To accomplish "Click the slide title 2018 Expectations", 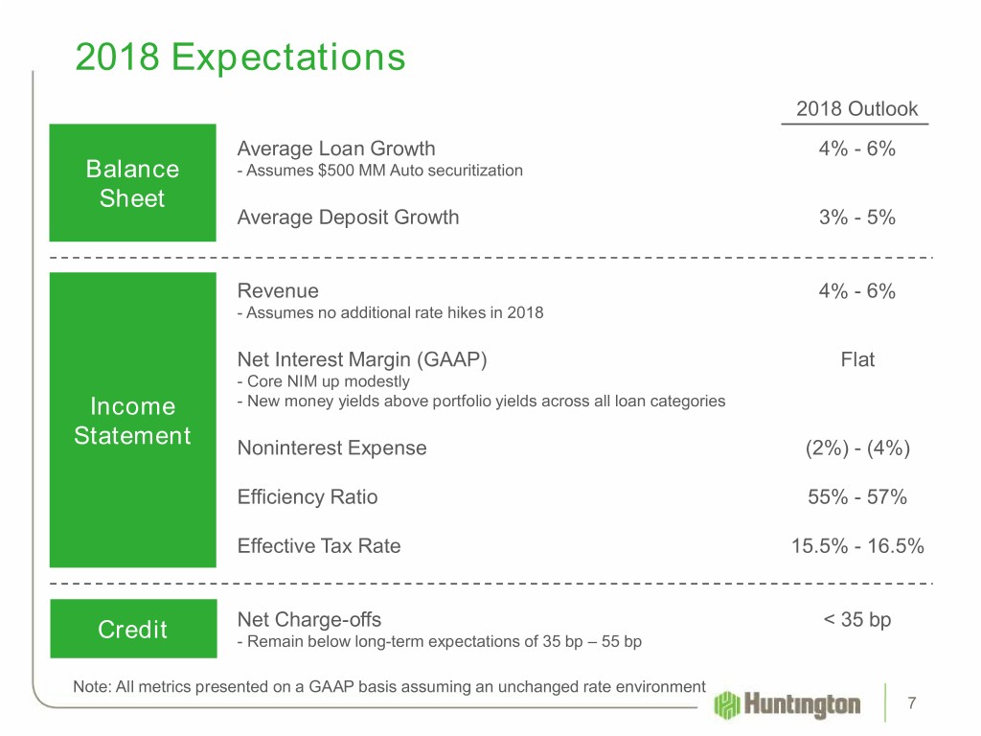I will [x=240, y=58].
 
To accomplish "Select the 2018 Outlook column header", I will [x=856, y=109].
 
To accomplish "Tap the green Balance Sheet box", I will [x=133, y=184].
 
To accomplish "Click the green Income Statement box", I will [x=133, y=421].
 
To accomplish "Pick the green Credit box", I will [x=133, y=629].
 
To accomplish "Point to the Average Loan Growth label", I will [x=336, y=149].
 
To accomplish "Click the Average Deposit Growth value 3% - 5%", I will [x=857, y=218].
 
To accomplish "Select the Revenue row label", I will [x=278, y=291].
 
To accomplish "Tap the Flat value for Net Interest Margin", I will [x=857, y=361].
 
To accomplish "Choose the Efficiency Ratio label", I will [x=308, y=497].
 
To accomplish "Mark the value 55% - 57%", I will [x=857, y=497].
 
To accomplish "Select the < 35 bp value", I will [x=857, y=620].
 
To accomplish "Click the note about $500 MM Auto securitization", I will [x=379, y=171].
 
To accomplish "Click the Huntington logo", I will [x=787, y=705].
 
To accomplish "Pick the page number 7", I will [x=913, y=704].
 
